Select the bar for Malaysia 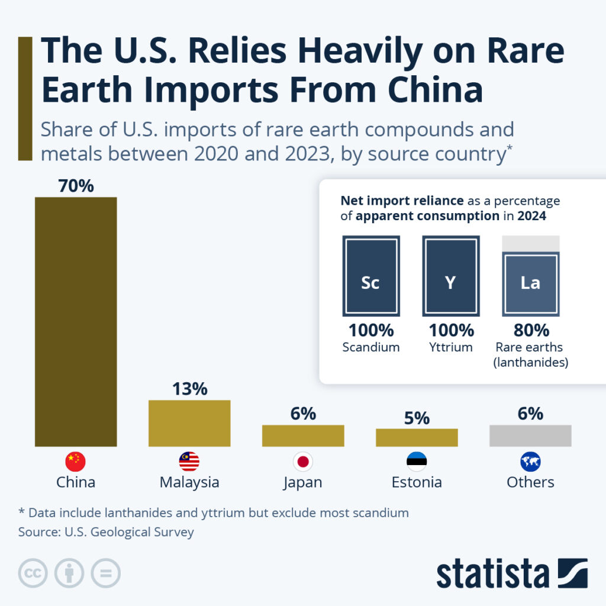click(189, 423)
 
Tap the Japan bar click(303, 436)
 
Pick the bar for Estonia click(417, 437)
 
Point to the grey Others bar click(530, 436)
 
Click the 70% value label click(76, 186)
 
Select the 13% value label click(189, 389)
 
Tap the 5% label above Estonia click(417, 418)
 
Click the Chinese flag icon click(76, 461)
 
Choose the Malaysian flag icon click(189, 461)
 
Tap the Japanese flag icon click(303, 461)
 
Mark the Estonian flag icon click(417, 461)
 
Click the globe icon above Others click(530, 461)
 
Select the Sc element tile click(371, 276)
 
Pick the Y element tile click(450, 276)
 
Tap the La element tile click(530, 283)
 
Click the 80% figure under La click(530, 330)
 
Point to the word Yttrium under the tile click(450, 347)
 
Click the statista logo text click(492, 573)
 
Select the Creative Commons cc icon click(34, 573)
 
